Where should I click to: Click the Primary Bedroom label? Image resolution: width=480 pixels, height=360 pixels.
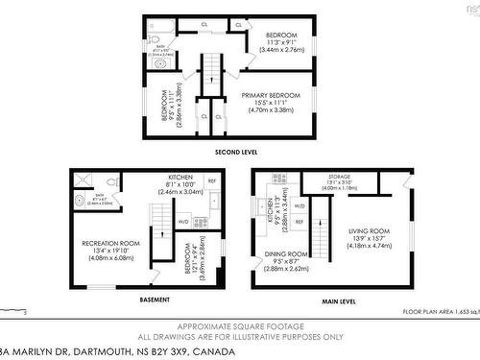point(271,95)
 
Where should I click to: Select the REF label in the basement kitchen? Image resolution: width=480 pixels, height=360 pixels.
point(212,180)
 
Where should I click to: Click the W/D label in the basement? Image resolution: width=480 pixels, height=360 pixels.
point(182,222)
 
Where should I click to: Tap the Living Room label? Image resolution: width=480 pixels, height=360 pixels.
point(368,231)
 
